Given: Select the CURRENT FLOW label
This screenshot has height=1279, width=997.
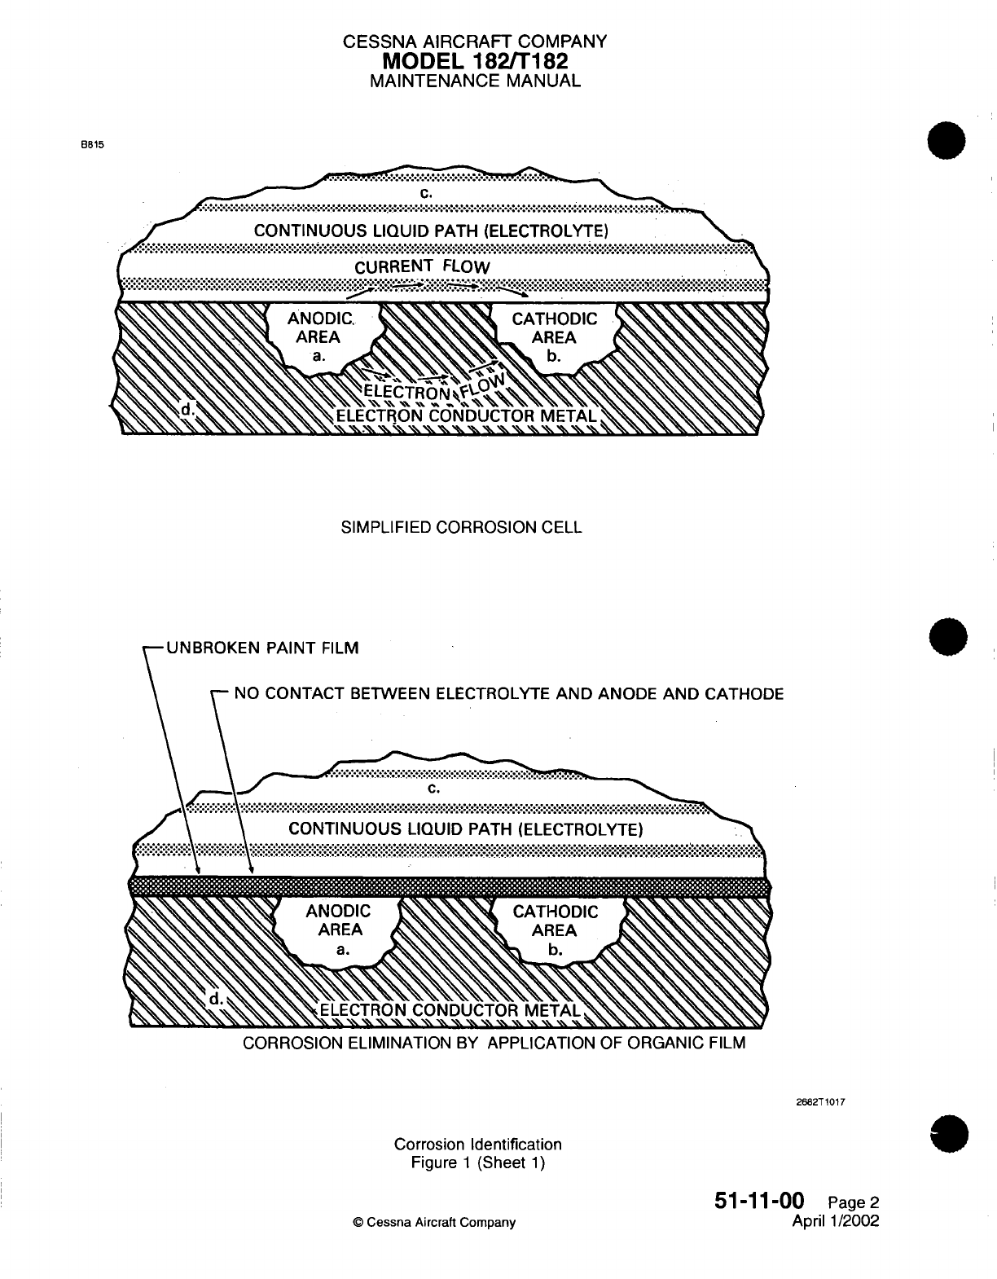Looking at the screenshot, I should [422, 267].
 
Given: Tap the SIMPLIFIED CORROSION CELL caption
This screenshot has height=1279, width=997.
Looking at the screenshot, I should [460, 527].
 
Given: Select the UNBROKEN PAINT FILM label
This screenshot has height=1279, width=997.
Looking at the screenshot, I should [261, 648].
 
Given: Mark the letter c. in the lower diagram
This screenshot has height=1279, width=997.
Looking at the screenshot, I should [433, 789].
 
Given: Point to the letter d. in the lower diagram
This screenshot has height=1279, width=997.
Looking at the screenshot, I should [217, 998].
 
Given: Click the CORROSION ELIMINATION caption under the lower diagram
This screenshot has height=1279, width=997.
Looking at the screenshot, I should [494, 1043].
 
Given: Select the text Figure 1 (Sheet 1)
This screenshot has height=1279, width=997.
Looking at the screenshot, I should [477, 1163].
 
